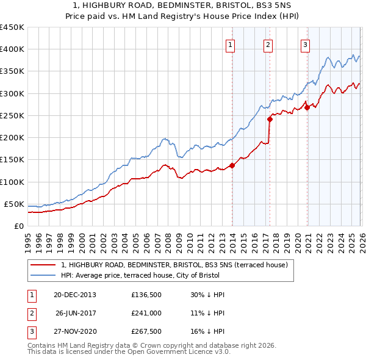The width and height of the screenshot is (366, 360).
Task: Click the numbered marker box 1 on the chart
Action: pyautogui.click(x=231, y=44)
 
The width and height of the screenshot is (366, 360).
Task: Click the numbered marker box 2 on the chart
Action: pyautogui.click(x=268, y=44)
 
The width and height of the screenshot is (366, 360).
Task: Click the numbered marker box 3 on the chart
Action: pyautogui.click(x=305, y=44)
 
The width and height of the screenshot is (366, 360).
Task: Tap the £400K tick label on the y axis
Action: pyautogui.click(x=12, y=49)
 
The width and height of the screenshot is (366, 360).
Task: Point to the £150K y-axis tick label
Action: pyautogui.click(x=12, y=160)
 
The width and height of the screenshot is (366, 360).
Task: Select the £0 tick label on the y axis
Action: pyautogui.click(x=18, y=226)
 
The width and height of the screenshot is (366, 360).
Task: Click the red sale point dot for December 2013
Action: pyautogui.click(x=232, y=165)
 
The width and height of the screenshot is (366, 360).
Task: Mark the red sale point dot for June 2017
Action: pyautogui.click(x=270, y=120)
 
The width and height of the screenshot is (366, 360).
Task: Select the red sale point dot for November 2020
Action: pyautogui.click(x=307, y=108)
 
